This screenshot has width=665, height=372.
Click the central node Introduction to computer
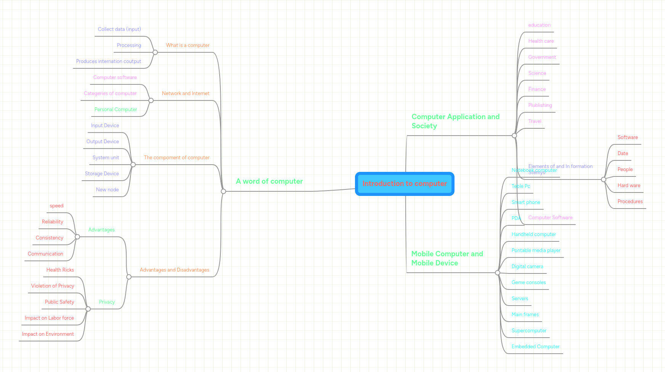405,184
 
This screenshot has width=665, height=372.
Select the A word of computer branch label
269,181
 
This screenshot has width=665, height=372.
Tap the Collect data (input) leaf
119,29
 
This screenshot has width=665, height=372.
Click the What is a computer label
188,45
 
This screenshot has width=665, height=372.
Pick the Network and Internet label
186,94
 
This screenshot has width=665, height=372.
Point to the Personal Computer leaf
116,110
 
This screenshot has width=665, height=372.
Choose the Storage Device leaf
102,174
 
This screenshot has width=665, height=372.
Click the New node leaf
107,190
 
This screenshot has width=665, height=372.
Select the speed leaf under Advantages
56,206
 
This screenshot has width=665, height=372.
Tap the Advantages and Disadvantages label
174,270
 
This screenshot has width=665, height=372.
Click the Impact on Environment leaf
48,334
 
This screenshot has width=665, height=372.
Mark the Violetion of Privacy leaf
53,286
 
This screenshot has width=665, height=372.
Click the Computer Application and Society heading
455,121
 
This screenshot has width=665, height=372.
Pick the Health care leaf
541,41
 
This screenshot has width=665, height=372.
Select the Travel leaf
535,121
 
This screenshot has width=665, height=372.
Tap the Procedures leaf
630,202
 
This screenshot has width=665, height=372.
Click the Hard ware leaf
629,186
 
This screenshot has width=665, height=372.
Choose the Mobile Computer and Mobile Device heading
447,259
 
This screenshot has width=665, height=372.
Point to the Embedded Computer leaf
535,347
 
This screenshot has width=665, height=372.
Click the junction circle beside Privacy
88,309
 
